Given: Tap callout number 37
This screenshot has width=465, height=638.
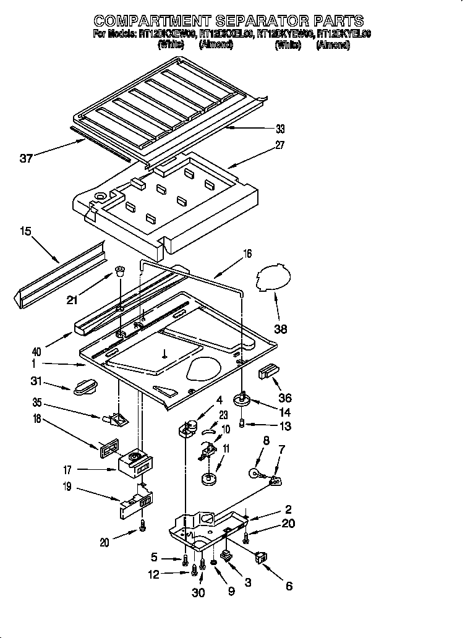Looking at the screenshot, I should (x=27, y=159).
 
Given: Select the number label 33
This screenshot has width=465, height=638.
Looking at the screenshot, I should (x=280, y=129).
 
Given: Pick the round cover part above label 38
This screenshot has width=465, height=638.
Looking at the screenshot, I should (x=272, y=275).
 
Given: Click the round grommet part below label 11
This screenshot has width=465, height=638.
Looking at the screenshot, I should (x=208, y=478).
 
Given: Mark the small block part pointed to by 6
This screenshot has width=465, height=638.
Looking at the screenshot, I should (x=261, y=558).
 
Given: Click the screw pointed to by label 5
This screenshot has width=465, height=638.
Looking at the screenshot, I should (x=186, y=561).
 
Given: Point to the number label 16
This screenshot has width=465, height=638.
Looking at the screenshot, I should (x=247, y=253).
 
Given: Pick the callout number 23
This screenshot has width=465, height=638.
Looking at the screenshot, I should (x=223, y=415).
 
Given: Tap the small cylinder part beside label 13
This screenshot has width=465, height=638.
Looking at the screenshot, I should (x=243, y=424).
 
